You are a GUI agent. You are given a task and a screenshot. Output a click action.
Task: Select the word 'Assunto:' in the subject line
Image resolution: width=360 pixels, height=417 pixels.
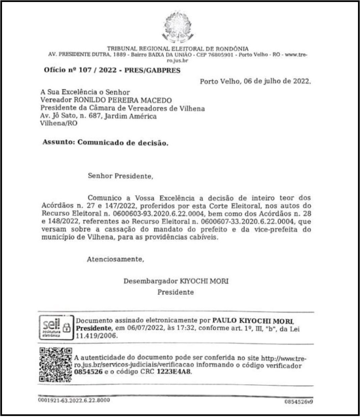(x=58, y=142)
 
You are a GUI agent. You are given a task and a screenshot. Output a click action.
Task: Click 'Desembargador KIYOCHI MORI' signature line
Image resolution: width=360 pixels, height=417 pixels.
(x=176, y=281)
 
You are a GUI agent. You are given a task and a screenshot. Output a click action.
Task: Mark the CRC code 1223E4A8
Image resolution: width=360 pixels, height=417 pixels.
(x=176, y=373)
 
